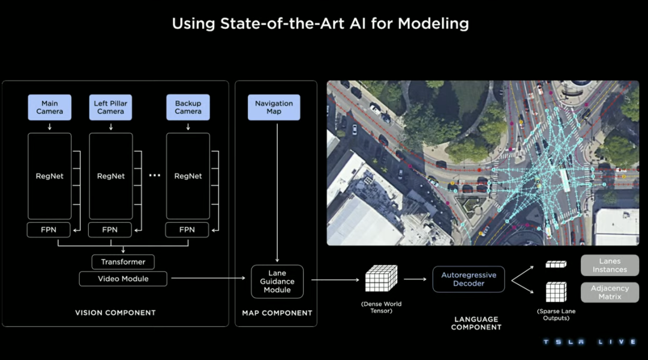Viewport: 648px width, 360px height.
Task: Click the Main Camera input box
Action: point(49,107)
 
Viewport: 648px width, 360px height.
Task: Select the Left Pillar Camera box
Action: point(110,107)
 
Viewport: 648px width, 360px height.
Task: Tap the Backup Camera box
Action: point(188,107)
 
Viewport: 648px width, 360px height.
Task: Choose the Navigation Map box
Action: point(274,107)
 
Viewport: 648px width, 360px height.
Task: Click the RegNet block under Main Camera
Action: point(49,176)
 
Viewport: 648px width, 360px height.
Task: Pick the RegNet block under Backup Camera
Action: point(188,176)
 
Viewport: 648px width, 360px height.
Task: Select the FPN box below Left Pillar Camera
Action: point(110,230)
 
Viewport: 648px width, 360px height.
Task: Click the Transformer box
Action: point(123,262)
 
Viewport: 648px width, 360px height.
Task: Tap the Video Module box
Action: point(123,278)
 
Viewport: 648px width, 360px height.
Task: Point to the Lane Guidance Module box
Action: point(277,281)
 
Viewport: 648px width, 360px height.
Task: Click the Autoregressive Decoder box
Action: point(469,279)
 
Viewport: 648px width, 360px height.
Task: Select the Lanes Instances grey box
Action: point(610,265)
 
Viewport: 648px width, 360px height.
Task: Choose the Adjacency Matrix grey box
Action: point(610,292)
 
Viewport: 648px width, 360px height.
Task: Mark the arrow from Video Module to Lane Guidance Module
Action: point(210,278)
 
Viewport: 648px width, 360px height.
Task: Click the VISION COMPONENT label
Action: point(115,313)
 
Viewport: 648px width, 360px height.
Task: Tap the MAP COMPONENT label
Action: point(277,313)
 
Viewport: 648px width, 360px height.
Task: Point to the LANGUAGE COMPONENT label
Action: point(476,323)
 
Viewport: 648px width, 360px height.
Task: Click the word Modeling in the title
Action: point(433,24)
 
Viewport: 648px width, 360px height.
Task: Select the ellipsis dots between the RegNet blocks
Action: point(154,176)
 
